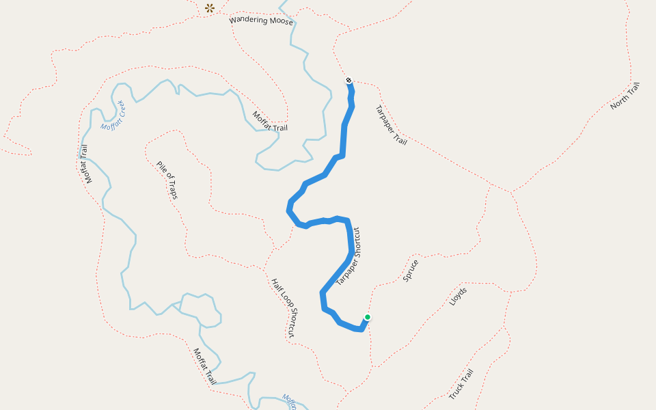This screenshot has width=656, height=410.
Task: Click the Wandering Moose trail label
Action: (x=261, y=20)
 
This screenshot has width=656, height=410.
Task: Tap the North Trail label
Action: (x=625, y=96)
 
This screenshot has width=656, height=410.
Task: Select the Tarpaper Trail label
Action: (x=391, y=125)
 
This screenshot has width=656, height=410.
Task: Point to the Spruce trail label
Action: (x=411, y=270)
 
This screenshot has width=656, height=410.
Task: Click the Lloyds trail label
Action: (x=458, y=295)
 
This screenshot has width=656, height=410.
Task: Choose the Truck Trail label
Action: (x=461, y=384)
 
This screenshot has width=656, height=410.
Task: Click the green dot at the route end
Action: (x=368, y=317)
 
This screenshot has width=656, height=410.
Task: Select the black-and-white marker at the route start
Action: (x=348, y=81)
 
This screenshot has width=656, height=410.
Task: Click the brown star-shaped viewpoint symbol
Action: (x=210, y=8)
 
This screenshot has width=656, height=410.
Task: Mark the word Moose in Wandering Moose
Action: (x=281, y=22)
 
